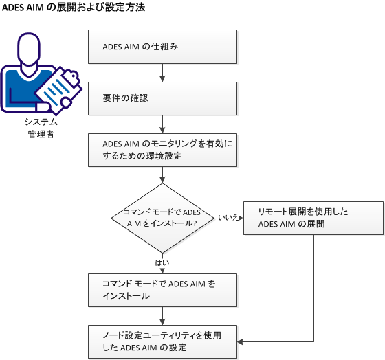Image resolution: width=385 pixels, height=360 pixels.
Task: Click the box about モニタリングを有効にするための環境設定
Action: coord(163,150)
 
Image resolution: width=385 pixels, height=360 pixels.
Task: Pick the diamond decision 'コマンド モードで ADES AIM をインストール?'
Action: coord(163,217)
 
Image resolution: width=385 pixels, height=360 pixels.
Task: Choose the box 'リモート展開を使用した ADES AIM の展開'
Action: coord(313,218)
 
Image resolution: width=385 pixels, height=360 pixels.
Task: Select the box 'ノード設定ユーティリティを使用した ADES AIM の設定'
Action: coord(163,341)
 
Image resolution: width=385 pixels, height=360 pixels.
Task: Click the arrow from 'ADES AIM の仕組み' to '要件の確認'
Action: coord(163,73)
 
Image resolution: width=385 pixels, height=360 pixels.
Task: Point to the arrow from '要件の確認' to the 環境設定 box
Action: coord(163,124)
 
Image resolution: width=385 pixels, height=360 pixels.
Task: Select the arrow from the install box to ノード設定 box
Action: coord(163,315)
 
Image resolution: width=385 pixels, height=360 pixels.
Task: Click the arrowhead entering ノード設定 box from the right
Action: coord(241,341)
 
